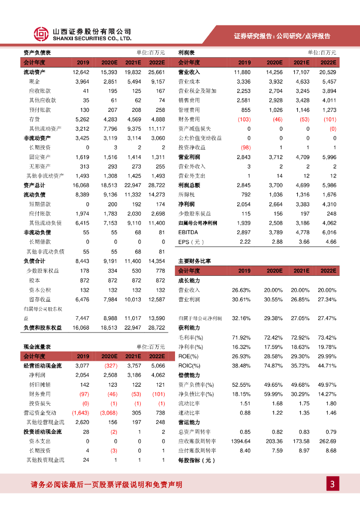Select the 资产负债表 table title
pos(37,53)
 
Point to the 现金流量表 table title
pos(37,346)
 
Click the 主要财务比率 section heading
pos(194,261)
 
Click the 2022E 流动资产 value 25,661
pos(156,72)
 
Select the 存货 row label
pos(34,119)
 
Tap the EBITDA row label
pos(188,232)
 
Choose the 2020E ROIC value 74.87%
pos(273,366)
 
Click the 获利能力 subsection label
pos(189,328)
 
